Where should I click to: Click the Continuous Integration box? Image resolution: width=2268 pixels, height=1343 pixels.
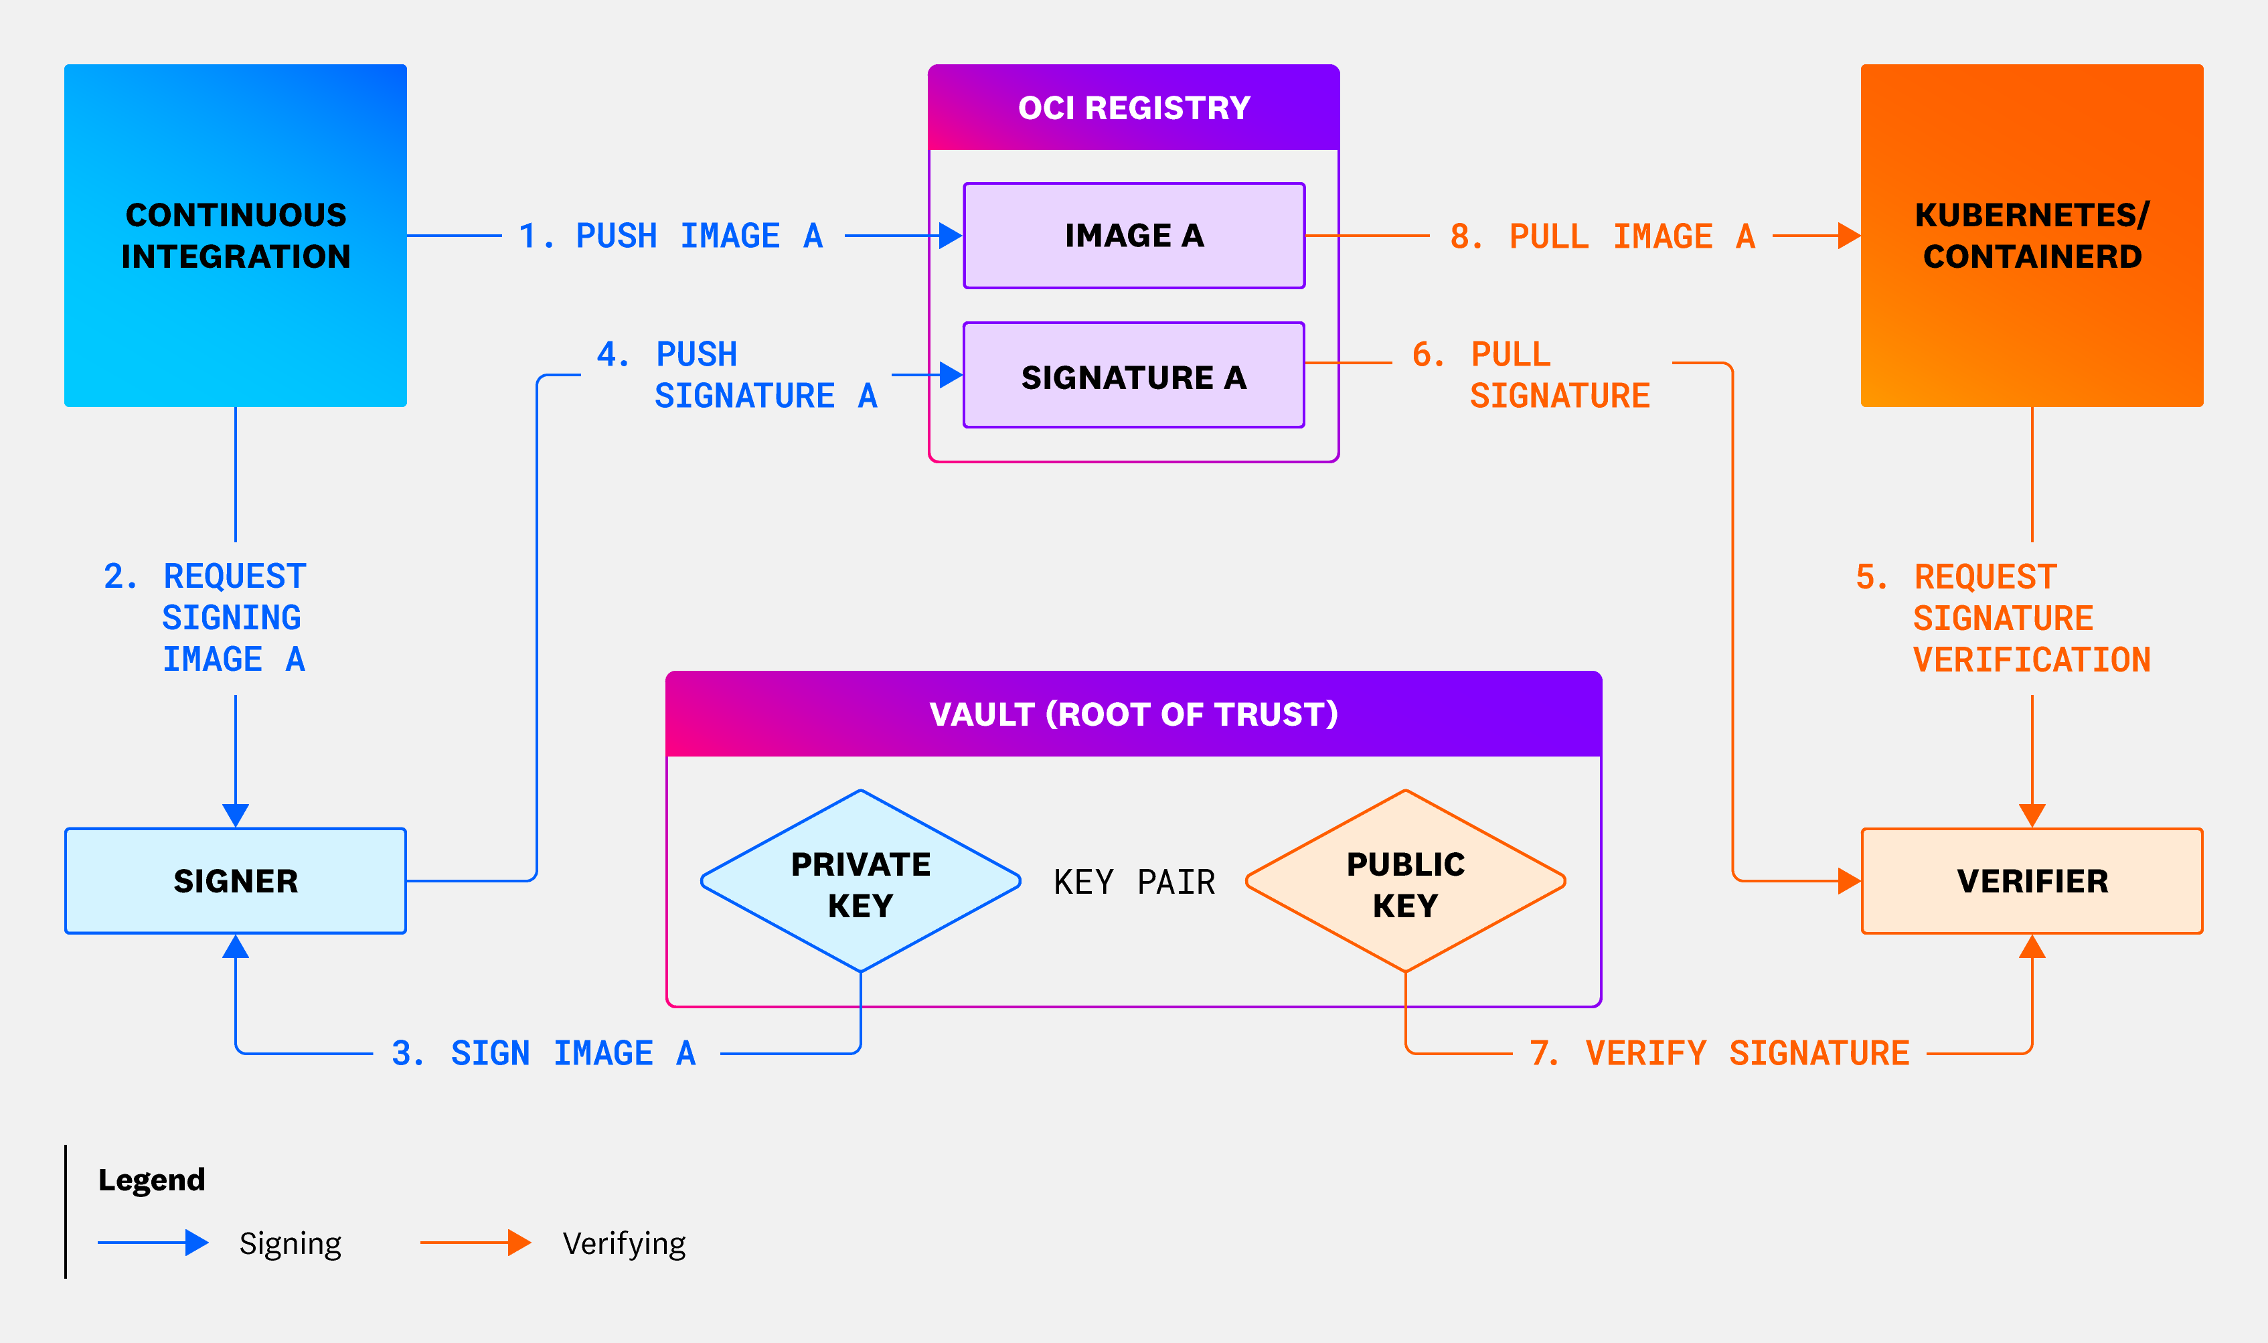(x=235, y=235)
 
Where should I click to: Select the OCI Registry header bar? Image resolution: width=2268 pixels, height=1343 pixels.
(x=1133, y=108)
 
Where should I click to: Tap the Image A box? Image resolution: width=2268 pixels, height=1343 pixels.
(x=1133, y=235)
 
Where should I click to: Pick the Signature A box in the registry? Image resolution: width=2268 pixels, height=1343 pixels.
(x=1133, y=376)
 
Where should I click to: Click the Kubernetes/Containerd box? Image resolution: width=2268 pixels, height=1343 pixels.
(x=2031, y=235)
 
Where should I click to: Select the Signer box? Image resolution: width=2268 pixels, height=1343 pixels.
(x=235, y=880)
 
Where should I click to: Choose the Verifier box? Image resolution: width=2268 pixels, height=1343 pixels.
(x=2031, y=880)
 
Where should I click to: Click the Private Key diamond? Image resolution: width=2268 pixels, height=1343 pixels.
(x=860, y=882)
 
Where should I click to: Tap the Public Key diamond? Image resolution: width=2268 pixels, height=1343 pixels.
(x=1405, y=882)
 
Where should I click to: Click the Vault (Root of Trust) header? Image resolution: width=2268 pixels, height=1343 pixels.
(x=1133, y=714)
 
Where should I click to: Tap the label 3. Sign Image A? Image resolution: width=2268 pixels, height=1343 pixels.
(x=544, y=1053)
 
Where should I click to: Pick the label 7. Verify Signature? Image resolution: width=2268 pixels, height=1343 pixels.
(x=1719, y=1053)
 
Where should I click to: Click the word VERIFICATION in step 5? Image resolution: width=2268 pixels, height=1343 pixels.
(x=2031, y=659)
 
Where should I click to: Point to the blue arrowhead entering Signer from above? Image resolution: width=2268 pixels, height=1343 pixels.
(x=235, y=815)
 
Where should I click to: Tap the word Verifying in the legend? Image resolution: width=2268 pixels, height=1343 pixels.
(x=623, y=1243)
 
